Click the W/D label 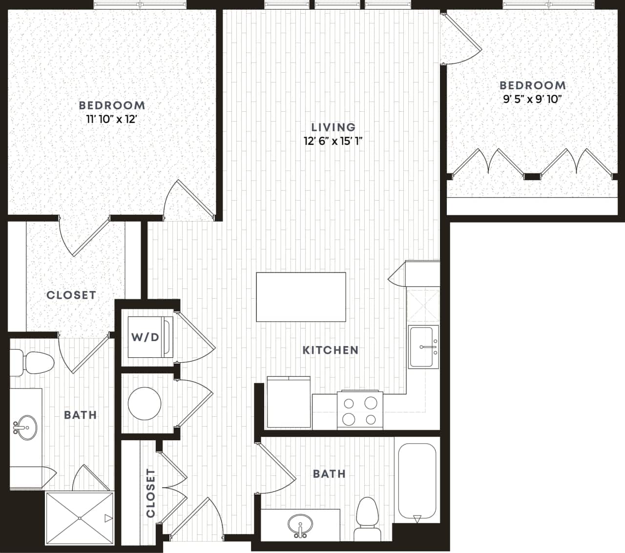pyautogui.click(x=145, y=337)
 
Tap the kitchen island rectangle pyautogui.click(x=301, y=297)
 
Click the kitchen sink pyautogui.click(x=424, y=347)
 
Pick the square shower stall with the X pyautogui.click(x=80, y=517)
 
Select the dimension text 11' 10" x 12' pyautogui.click(x=112, y=119)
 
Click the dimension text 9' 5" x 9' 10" pyautogui.click(x=533, y=99)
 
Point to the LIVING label pyautogui.click(x=333, y=127)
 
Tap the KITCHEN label pyautogui.click(x=331, y=350)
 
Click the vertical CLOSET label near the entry pyautogui.click(x=150, y=493)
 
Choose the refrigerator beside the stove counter pyautogui.click(x=289, y=402)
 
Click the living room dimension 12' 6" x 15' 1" pyautogui.click(x=333, y=142)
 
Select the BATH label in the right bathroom pyautogui.click(x=329, y=473)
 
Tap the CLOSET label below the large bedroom pyautogui.click(x=71, y=295)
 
